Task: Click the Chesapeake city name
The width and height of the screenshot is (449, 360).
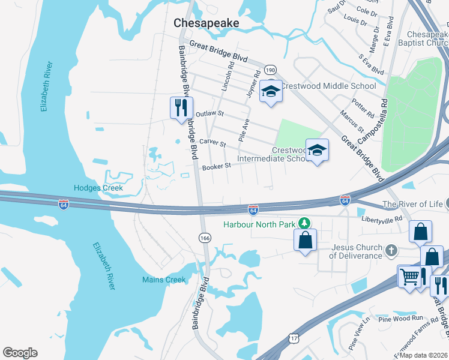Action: [x=206, y=23]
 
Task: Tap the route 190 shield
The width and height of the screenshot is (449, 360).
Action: [x=271, y=70]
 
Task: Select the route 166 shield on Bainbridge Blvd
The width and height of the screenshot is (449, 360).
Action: [x=205, y=238]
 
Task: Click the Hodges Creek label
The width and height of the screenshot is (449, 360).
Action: [x=98, y=188]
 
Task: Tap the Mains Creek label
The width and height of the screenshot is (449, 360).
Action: [x=164, y=280]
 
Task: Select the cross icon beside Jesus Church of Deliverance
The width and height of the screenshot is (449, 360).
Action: [x=391, y=250]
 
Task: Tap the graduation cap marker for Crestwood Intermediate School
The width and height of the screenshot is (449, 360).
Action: [x=317, y=150]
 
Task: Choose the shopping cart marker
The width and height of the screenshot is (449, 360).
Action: [x=409, y=277]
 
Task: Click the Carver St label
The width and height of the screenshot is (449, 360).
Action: [x=212, y=144]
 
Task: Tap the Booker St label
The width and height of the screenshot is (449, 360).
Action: [x=216, y=166]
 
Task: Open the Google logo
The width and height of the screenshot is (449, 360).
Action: [x=20, y=353]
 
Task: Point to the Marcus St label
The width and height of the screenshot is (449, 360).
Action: [x=352, y=120]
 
